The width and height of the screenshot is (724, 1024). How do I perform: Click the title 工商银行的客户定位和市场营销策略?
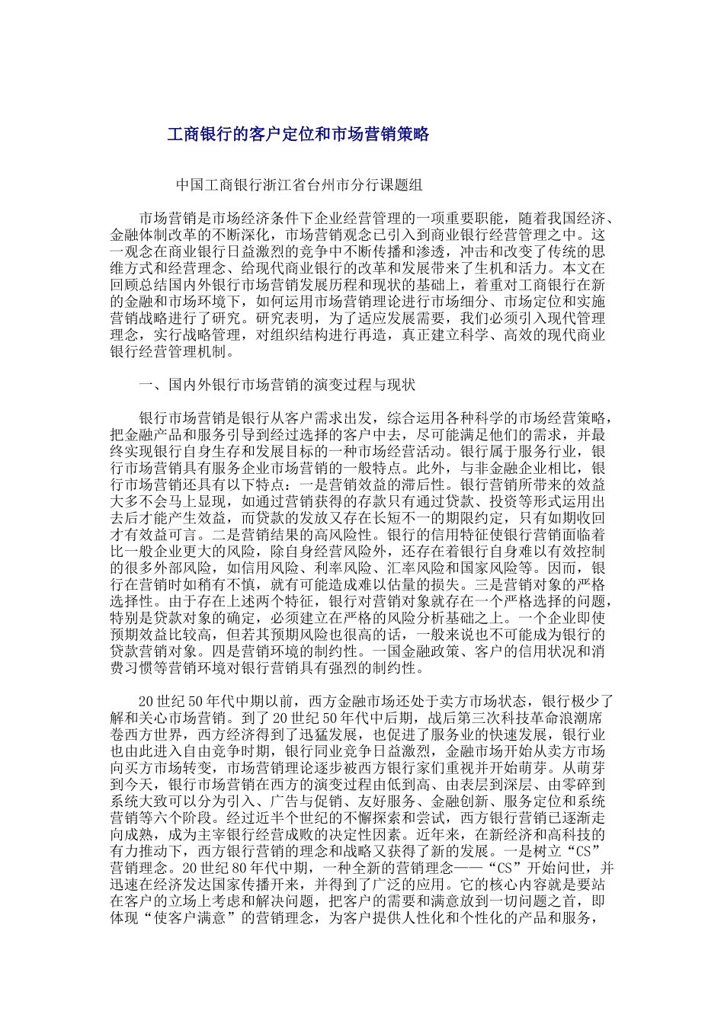[299, 135]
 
